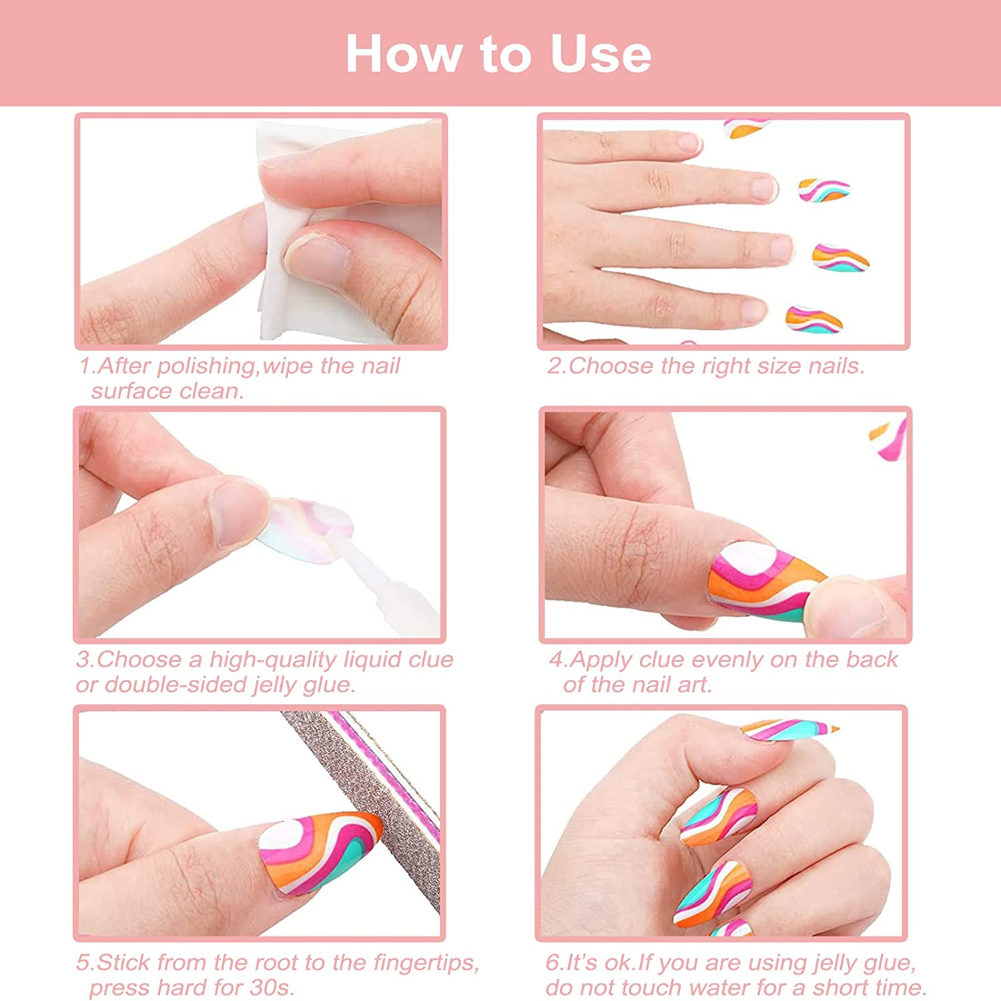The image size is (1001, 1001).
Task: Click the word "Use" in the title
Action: [x=600, y=54]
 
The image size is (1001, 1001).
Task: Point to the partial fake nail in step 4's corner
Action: [x=891, y=437]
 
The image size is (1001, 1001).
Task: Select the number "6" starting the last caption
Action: [x=553, y=963]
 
